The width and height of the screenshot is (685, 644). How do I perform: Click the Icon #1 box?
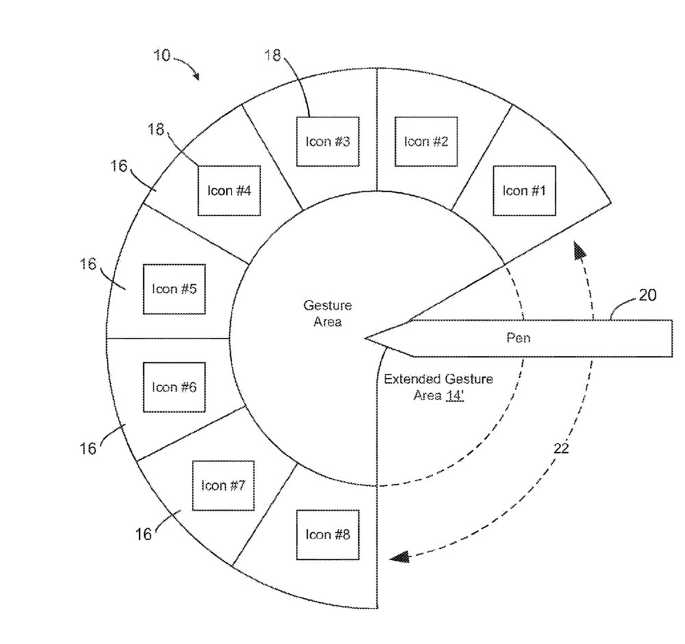[x=524, y=190]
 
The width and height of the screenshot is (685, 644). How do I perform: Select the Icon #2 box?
[x=426, y=141]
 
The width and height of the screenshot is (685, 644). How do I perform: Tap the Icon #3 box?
[x=327, y=141]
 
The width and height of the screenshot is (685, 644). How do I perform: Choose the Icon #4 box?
[x=229, y=190]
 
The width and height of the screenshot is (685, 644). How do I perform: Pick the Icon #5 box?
[x=174, y=288]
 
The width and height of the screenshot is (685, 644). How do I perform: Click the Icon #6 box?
[x=174, y=387]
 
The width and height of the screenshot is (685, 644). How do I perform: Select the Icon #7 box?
[x=223, y=485]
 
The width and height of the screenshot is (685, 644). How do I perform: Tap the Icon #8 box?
[x=327, y=534]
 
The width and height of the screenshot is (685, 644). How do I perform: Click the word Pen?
[x=518, y=338]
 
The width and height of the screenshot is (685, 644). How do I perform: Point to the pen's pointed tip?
[x=368, y=337]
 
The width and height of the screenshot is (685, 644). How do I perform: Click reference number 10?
[x=162, y=54]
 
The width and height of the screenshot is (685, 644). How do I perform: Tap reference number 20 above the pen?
[x=647, y=296]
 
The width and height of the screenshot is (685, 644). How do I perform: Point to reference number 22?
[x=561, y=449]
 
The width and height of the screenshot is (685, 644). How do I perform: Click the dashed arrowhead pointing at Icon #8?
[x=398, y=557]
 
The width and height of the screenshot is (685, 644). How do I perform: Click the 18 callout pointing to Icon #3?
[x=273, y=55]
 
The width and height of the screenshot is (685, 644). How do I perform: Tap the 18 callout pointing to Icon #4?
[x=155, y=128]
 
